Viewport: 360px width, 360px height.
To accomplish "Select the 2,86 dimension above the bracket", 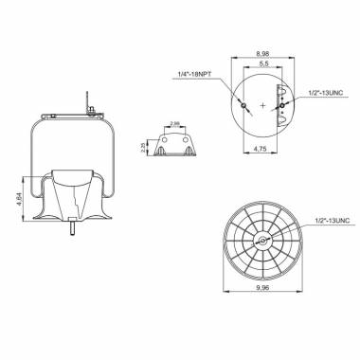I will pyautogui.click(x=174, y=124).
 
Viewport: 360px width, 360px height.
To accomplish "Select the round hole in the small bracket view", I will pyautogui.click(x=174, y=148).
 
